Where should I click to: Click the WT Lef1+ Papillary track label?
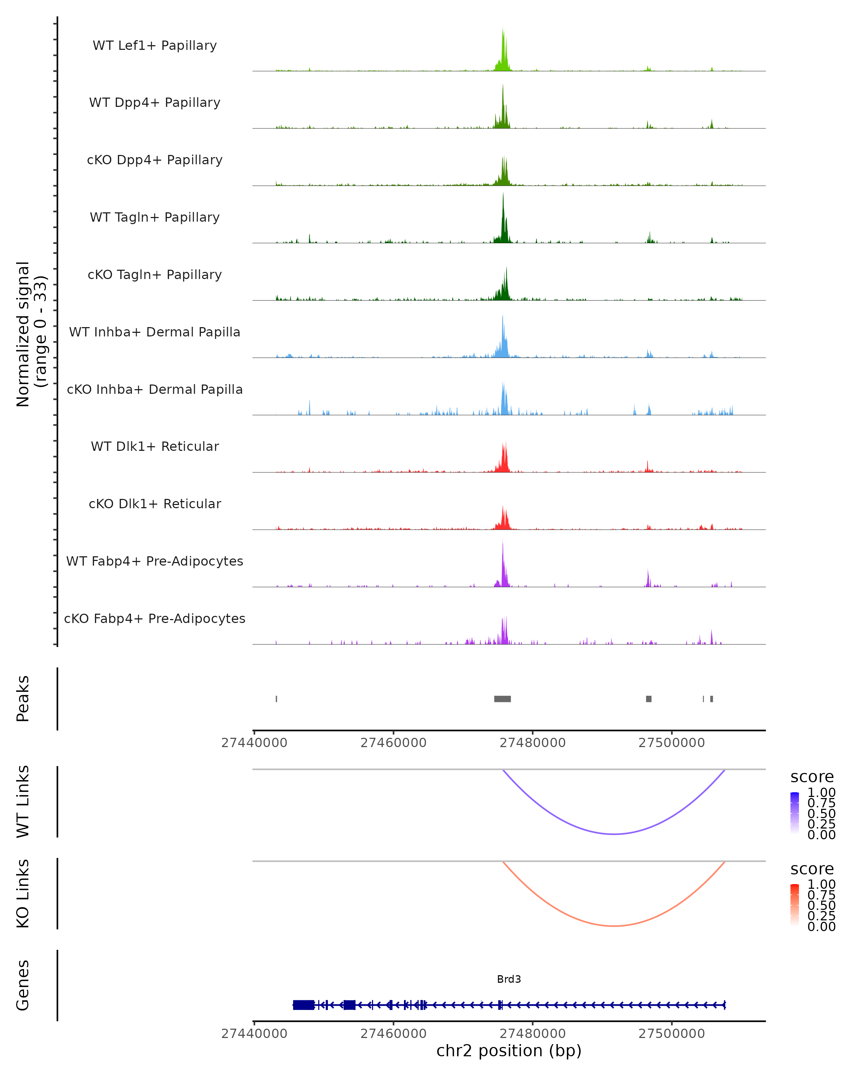point(155,46)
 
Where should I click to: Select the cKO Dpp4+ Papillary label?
point(155,160)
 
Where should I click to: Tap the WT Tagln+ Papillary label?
point(155,217)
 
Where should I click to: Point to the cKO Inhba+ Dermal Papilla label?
point(155,389)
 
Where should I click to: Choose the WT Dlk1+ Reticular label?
point(155,446)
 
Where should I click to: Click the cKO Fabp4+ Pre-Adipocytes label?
point(155,618)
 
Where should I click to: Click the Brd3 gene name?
point(509,979)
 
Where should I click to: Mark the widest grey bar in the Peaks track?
point(502,699)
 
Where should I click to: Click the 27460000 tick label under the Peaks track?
point(393,743)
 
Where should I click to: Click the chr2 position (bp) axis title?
point(509,1051)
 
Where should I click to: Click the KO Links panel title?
point(23,893)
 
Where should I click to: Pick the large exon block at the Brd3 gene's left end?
point(303,1005)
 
